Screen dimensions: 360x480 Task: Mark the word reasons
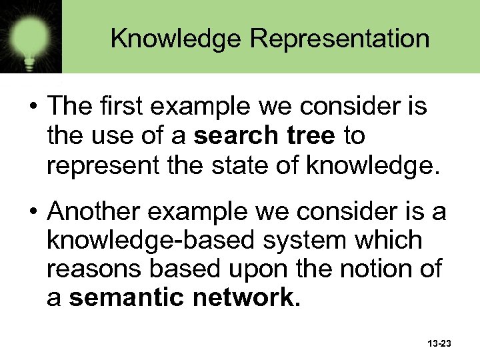click(x=87, y=269)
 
